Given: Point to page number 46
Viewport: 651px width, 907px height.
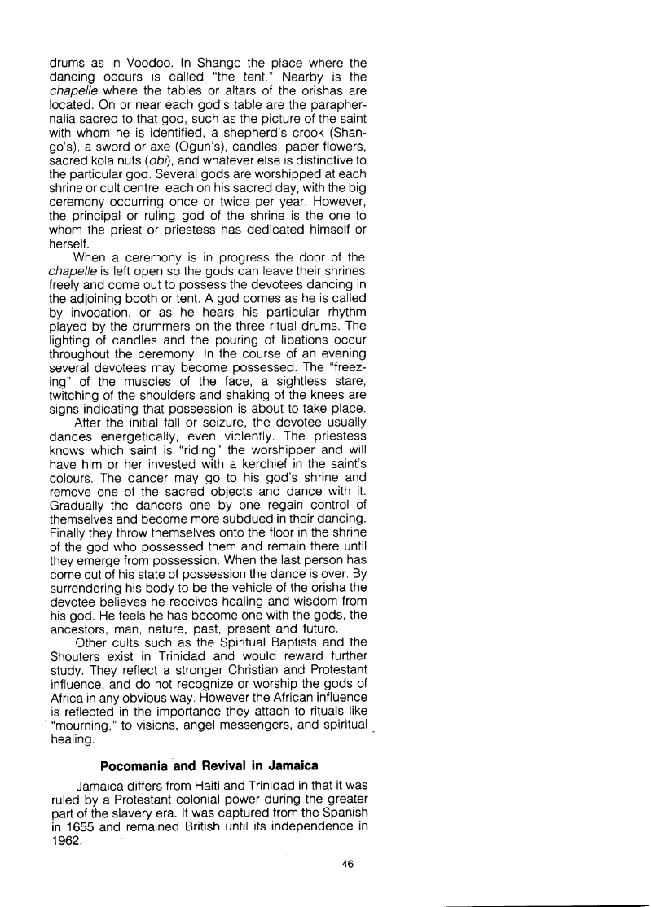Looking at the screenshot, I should (349, 866).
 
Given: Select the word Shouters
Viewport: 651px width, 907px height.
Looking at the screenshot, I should (77, 665).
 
